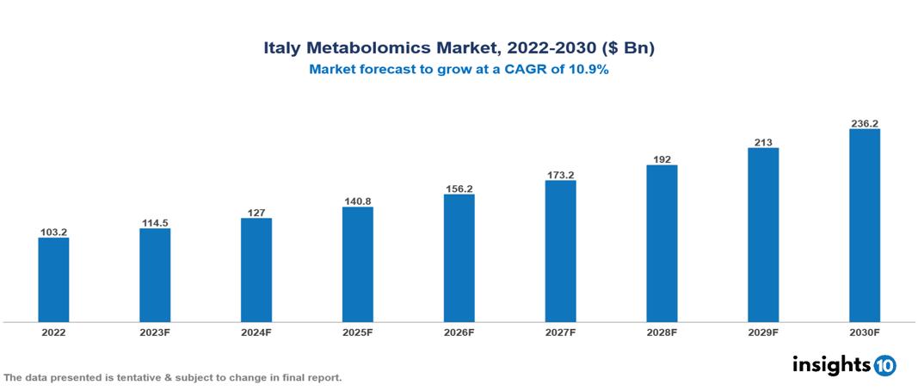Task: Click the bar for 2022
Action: click(53, 280)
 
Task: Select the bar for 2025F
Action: click(357, 264)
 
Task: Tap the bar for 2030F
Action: click(864, 226)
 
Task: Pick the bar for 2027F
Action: click(560, 251)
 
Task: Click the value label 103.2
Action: click(53, 232)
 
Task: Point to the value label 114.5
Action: click(155, 223)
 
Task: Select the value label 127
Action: click(256, 213)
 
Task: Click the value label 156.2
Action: click(459, 189)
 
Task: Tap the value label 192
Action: click(662, 159)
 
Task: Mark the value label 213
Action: click(763, 142)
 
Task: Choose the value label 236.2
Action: click(864, 123)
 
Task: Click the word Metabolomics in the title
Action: click(369, 49)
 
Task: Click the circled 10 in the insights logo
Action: click(884, 365)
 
